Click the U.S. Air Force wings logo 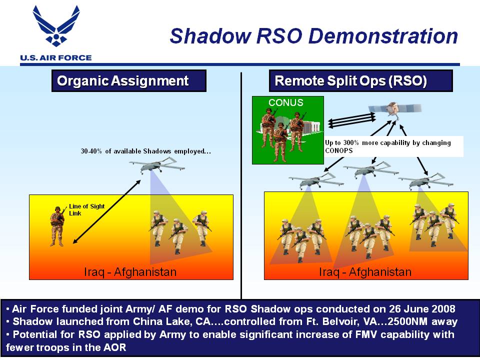pos(56,25)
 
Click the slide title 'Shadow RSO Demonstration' pos(314,36)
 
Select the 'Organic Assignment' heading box pos(129,81)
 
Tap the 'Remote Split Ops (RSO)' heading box pos(360,81)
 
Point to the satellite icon pos(395,109)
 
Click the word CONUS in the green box pos(286,102)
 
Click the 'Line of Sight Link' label pos(86,209)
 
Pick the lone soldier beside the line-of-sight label pos(57,226)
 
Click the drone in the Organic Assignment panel pos(157,165)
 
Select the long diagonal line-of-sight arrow pos(106,212)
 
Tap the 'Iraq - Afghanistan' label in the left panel pos(130,272)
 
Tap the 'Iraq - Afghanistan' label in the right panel pos(365,272)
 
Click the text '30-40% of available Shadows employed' pos(145,151)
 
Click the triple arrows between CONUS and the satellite pos(351,119)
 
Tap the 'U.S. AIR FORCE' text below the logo pos(55,58)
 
